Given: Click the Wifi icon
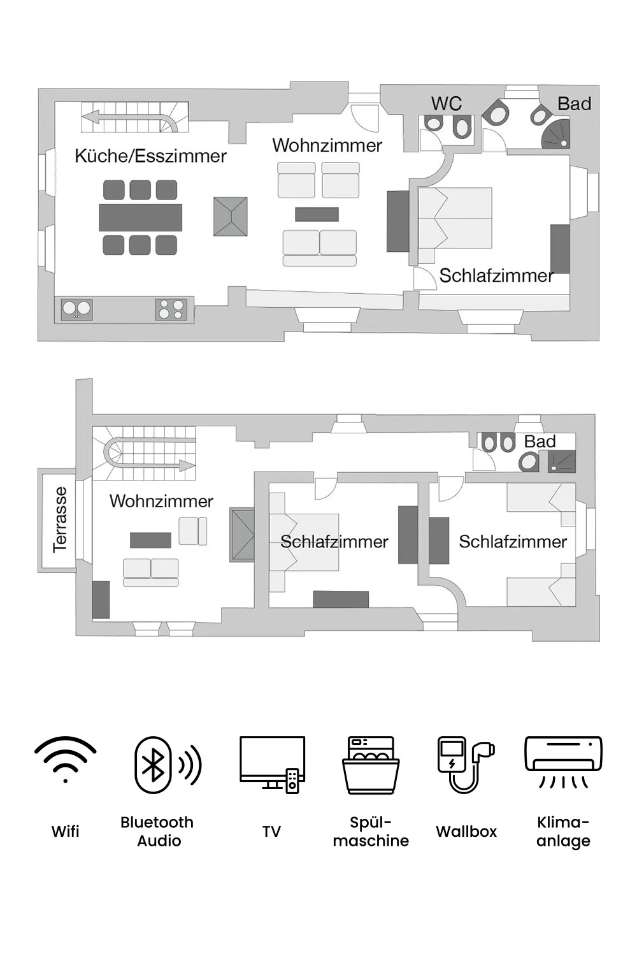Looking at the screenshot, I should pyautogui.click(x=66, y=760).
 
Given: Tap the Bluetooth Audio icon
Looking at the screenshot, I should pyautogui.click(x=167, y=765).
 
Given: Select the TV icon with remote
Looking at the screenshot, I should pyautogui.click(x=272, y=764).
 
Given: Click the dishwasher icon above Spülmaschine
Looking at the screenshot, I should pyautogui.click(x=371, y=765).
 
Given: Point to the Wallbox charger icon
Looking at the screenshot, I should pyautogui.click(x=466, y=764).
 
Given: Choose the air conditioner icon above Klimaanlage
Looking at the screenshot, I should pyautogui.click(x=562, y=762).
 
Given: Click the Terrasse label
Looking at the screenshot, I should pyautogui.click(x=60, y=519).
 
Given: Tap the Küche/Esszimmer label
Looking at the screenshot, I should pyautogui.click(x=150, y=156).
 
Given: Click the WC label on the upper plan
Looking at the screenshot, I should pyautogui.click(x=446, y=104).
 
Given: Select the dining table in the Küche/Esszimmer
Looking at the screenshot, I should pyautogui.click(x=141, y=217).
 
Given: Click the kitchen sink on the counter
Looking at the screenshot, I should pyautogui.click(x=76, y=310).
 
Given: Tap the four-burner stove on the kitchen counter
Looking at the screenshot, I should pyautogui.click(x=171, y=310).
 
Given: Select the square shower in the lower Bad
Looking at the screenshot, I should pyautogui.click(x=561, y=461).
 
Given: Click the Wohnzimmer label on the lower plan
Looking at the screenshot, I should pyautogui.click(x=161, y=501).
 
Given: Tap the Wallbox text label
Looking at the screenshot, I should pyautogui.click(x=466, y=831).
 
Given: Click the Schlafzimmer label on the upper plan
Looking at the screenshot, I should pyautogui.click(x=496, y=276).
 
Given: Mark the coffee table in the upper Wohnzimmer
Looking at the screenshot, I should pyautogui.click(x=317, y=214).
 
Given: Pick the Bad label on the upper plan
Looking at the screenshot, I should pyautogui.click(x=574, y=104).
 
